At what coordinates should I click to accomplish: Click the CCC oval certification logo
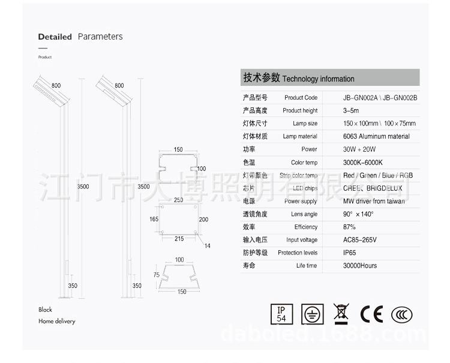point(401,314)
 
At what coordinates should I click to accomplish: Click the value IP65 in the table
point(350,253)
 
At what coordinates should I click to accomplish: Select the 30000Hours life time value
point(360,265)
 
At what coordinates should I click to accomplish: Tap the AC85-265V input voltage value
point(360,240)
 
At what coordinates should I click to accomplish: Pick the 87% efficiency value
point(350,227)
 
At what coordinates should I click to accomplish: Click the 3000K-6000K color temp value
point(363,163)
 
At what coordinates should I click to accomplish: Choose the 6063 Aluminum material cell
point(376,136)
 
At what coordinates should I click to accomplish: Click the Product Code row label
point(301,97)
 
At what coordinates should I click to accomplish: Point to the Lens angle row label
point(304,214)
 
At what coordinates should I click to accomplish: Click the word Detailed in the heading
point(55,37)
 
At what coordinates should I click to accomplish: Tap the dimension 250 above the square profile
point(179,200)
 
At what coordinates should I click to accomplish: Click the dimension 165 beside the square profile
point(154,220)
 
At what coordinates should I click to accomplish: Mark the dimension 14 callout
point(208,246)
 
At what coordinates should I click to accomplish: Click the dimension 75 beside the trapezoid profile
point(156,275)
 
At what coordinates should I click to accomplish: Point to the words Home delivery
point(57,322)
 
